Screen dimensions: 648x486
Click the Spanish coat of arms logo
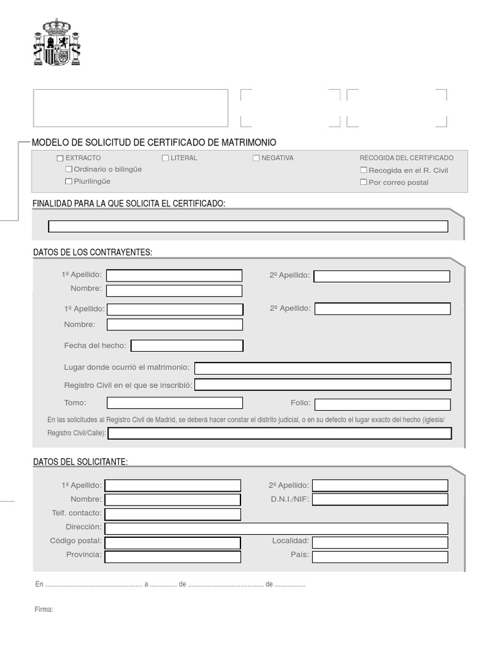point(57,42)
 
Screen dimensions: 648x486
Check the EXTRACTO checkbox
point(60,158)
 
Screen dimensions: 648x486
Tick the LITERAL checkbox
point(166,158)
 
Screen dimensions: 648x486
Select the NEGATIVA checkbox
point(256,158)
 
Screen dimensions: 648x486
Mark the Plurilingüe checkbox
point(69,182)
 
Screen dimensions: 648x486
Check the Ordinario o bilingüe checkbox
point(69,170)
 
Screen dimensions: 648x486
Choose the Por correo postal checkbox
point(363,182)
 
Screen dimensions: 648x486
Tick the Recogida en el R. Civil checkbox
point(363,170)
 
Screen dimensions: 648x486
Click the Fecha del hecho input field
point(187,346)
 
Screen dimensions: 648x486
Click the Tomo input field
point(175,403)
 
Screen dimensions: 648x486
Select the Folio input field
point(382,404)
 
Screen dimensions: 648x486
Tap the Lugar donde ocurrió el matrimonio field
point(323,368)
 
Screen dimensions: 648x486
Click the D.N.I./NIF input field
point(380,499)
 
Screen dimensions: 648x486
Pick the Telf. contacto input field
point(173,514)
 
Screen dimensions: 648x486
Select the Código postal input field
point(173,542)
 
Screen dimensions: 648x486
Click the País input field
point(380,557)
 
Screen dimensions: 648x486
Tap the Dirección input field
point(276,528)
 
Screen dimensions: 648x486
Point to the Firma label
point(44,609)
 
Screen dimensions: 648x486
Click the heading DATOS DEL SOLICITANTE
point(80,462)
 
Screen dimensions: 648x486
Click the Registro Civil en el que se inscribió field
point(323,385)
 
